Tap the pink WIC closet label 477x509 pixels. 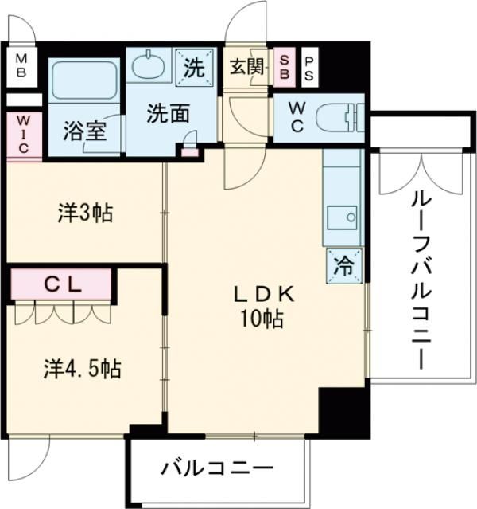[21, 133]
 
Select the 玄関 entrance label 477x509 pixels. [246, 67]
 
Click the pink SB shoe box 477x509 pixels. [284, 68]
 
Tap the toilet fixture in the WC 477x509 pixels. [339, 118]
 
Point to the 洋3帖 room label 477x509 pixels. [85, 213]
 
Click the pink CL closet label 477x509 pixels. [60, 283]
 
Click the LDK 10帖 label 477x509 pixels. [263, 307]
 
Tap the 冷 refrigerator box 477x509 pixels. [345, 266]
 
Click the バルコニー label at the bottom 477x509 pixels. [217, 468]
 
